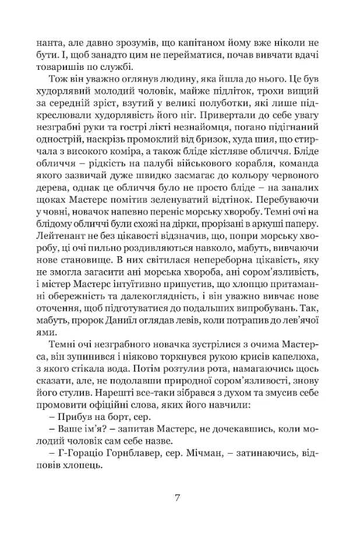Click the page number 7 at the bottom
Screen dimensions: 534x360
click(180, 498)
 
